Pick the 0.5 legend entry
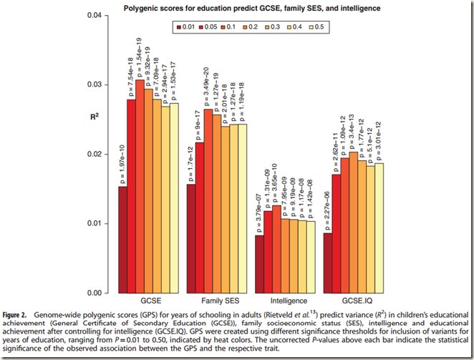[x=331, y=26]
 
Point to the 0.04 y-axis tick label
[x=92, y=16]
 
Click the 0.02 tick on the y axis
[x=92, y=155]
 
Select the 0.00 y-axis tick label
[x=92, y=293]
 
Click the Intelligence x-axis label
[x=289, y=302]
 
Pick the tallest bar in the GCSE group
[x=140, y=186]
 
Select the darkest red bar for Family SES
[x=191, y=238]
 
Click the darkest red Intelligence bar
[x=259, y=264]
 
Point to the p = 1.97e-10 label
[x=123, y=161]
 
